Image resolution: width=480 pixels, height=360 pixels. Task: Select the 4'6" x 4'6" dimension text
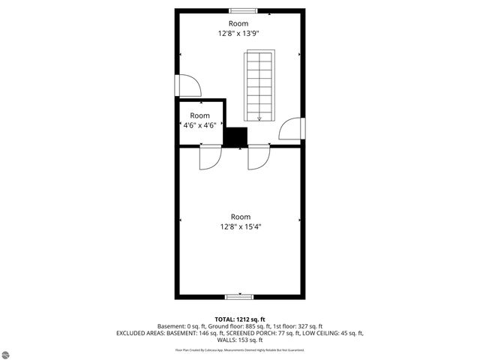pos(199,125)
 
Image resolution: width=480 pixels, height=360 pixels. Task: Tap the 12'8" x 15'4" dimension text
pos(240,226)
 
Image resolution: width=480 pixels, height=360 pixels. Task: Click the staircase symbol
pos(259,85)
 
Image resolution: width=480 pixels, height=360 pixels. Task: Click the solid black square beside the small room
pos(236,136)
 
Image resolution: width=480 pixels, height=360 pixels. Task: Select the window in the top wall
pos(241,10)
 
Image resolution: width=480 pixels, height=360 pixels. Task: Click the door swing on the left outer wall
pos(188,85)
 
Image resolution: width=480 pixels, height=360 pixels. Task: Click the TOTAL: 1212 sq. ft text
pos(239,319)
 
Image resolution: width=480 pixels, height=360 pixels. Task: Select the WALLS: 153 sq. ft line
pos(240,340)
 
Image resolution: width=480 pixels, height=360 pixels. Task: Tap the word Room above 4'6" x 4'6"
pos(199,115)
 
